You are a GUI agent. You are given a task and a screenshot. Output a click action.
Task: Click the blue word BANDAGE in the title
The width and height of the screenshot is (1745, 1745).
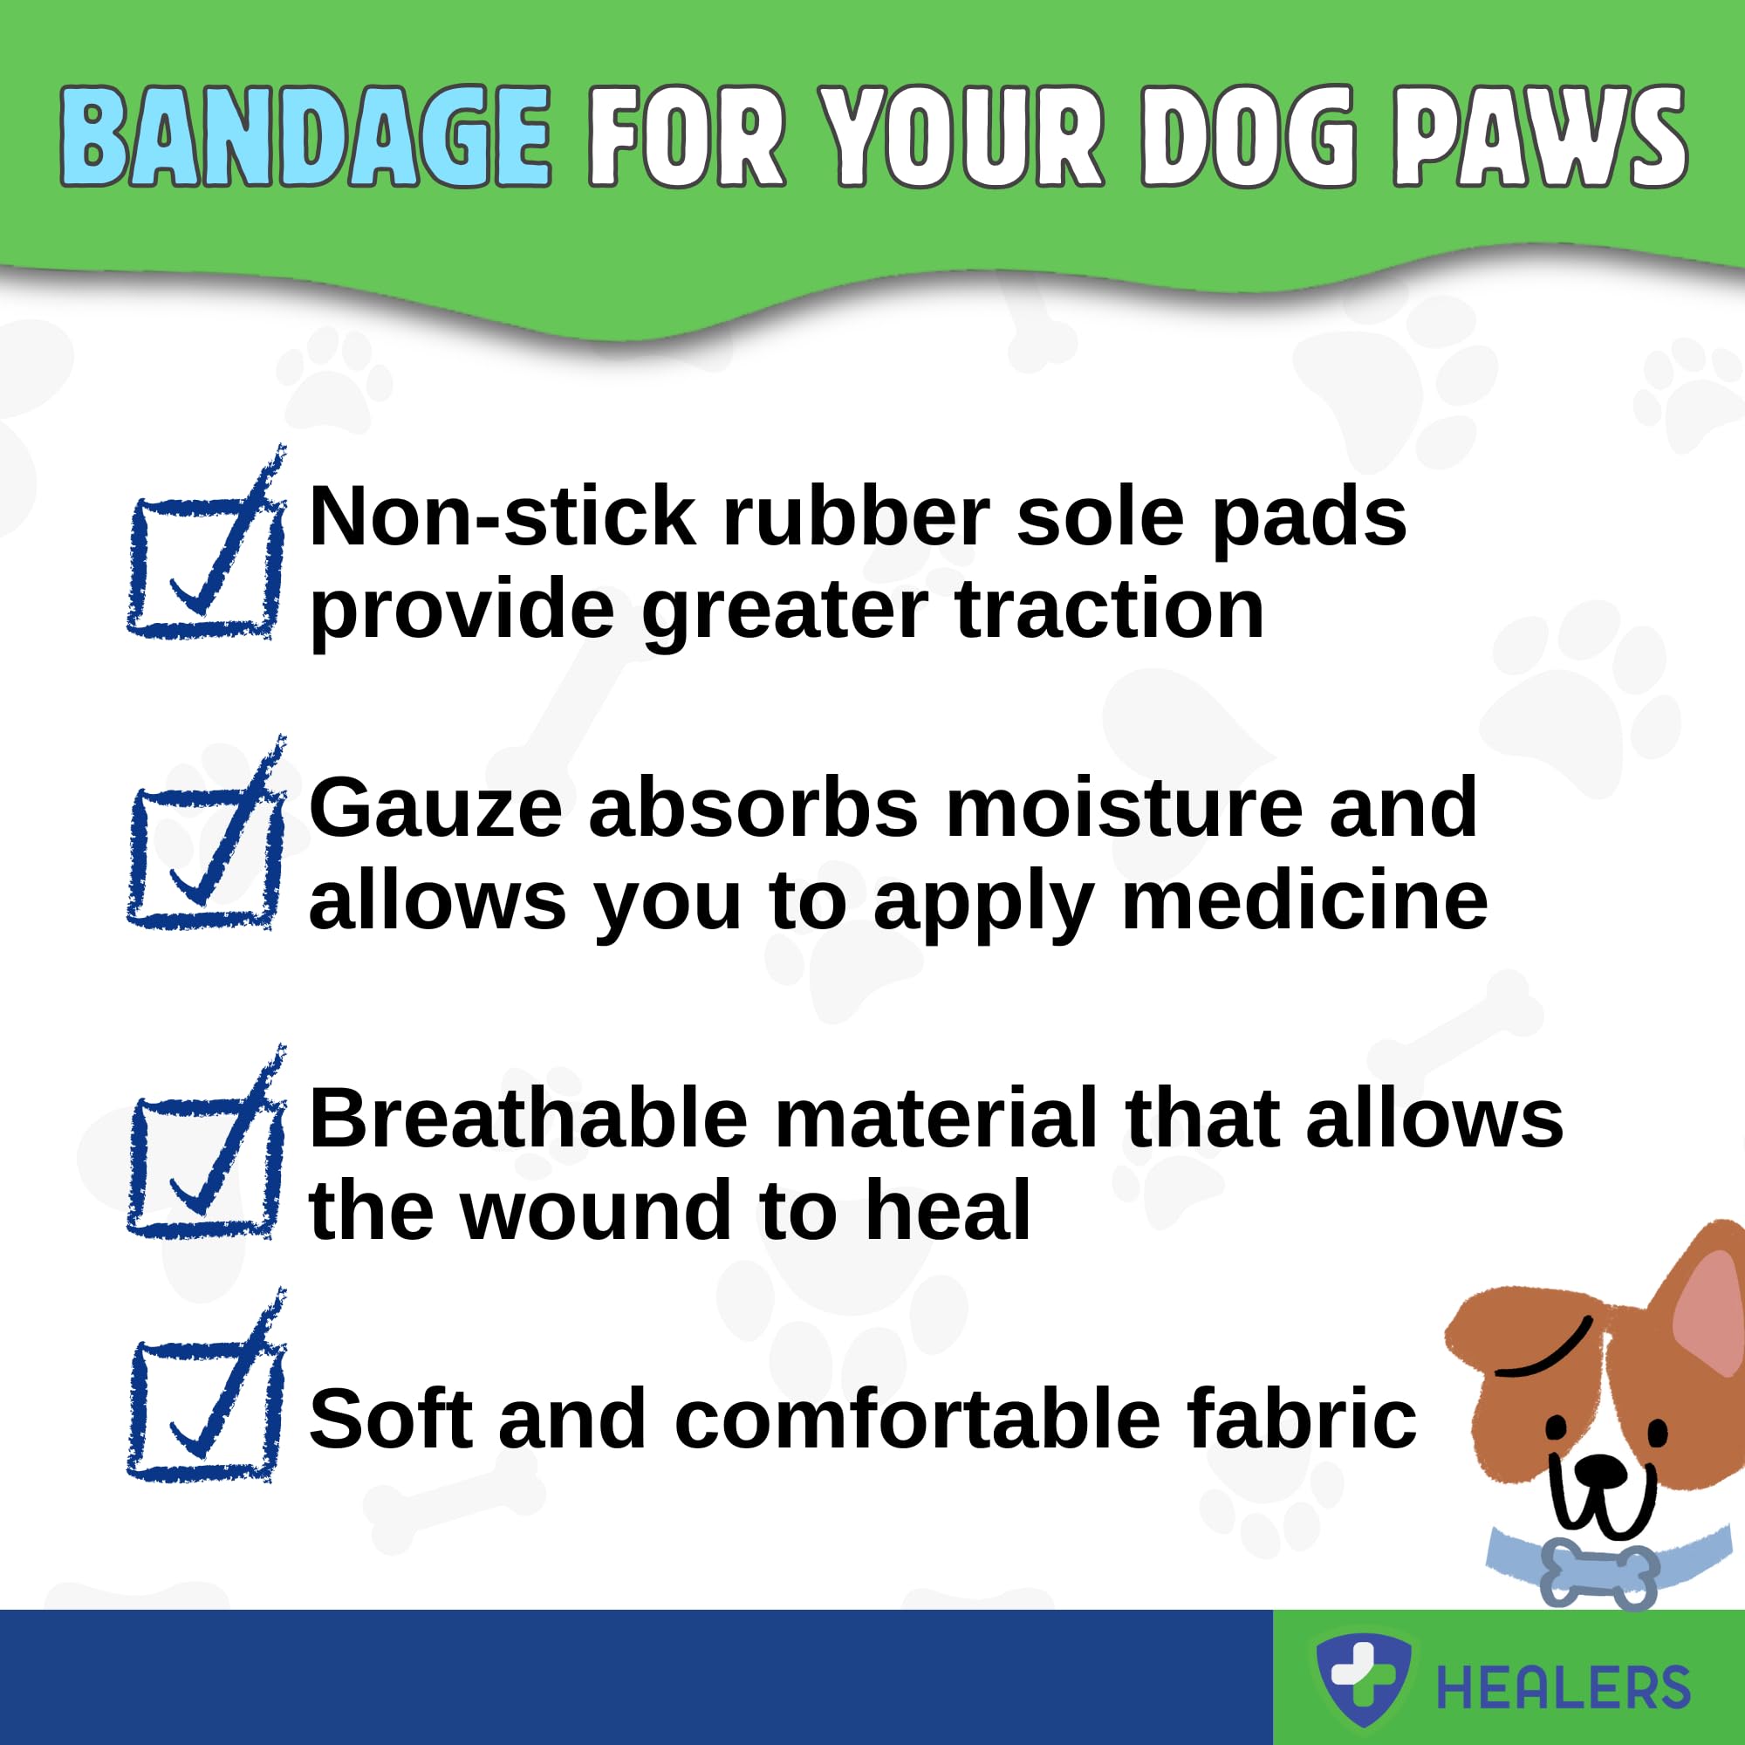pyautogui.click(x=305, y=137)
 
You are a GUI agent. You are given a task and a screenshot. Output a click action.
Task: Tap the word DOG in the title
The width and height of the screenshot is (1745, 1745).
pyautogui.click(x=1249, y=137)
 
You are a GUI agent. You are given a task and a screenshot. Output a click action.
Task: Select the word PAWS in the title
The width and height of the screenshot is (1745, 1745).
pyautogui.click(x=1539, y=137)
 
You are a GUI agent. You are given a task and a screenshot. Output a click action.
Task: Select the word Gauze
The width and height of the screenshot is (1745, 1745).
pyautogui.click(x=436, y=809)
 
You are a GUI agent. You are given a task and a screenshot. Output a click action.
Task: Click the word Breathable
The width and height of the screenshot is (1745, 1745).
pyautogui.click(x=530, y=1119)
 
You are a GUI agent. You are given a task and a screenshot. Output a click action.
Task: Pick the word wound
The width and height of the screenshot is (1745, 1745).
pyautogui.click(x=598, y=1212)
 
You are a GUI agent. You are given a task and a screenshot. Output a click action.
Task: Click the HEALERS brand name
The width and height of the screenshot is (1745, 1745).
pyautogui.click(x=1564, y=1688)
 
